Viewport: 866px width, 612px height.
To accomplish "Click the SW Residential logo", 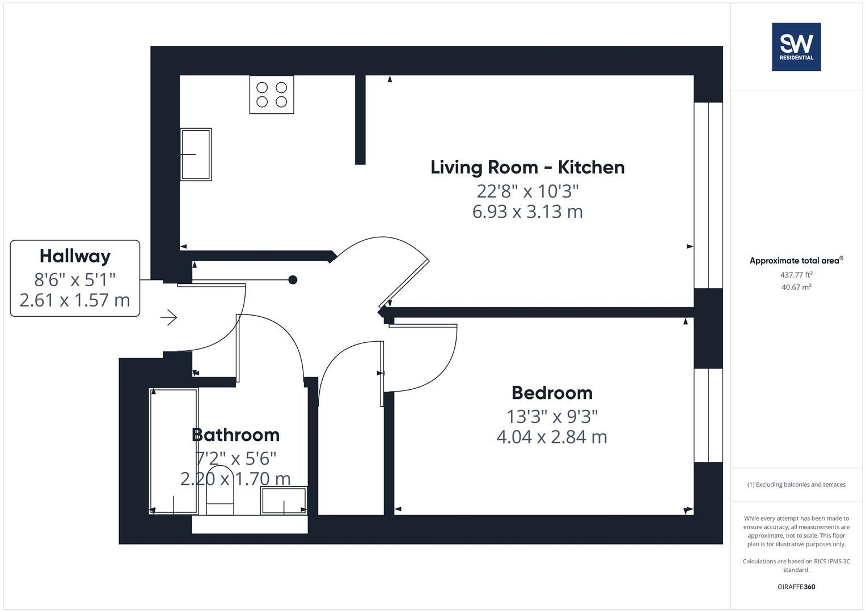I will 796,46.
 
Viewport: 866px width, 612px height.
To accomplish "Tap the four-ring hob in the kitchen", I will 272,95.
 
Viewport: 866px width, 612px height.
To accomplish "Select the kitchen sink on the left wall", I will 196,154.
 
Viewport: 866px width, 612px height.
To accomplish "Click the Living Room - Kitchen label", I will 527,167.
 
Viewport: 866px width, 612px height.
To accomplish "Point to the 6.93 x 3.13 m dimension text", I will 527,212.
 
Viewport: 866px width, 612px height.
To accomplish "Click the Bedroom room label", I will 552,393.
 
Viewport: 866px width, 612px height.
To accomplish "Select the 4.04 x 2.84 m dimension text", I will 552,437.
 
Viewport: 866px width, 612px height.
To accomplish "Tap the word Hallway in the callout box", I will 75,256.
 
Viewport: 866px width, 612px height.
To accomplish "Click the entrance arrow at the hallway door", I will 169,317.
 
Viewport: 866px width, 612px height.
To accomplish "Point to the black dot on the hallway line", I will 293,279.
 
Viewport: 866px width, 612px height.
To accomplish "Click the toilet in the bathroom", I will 220,492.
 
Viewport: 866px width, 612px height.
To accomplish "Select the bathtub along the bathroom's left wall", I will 174,451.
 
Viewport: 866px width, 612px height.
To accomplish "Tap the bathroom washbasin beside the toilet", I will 284,501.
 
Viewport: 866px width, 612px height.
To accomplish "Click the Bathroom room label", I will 235,435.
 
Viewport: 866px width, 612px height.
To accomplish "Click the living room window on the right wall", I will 708,195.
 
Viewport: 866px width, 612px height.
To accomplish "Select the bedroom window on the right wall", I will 708,415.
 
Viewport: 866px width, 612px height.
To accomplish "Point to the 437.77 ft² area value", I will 796,275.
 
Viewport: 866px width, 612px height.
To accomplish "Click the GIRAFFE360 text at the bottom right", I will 796,586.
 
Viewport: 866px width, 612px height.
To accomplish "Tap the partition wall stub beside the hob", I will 360,120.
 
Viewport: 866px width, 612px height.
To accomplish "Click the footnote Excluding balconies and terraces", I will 796,484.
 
